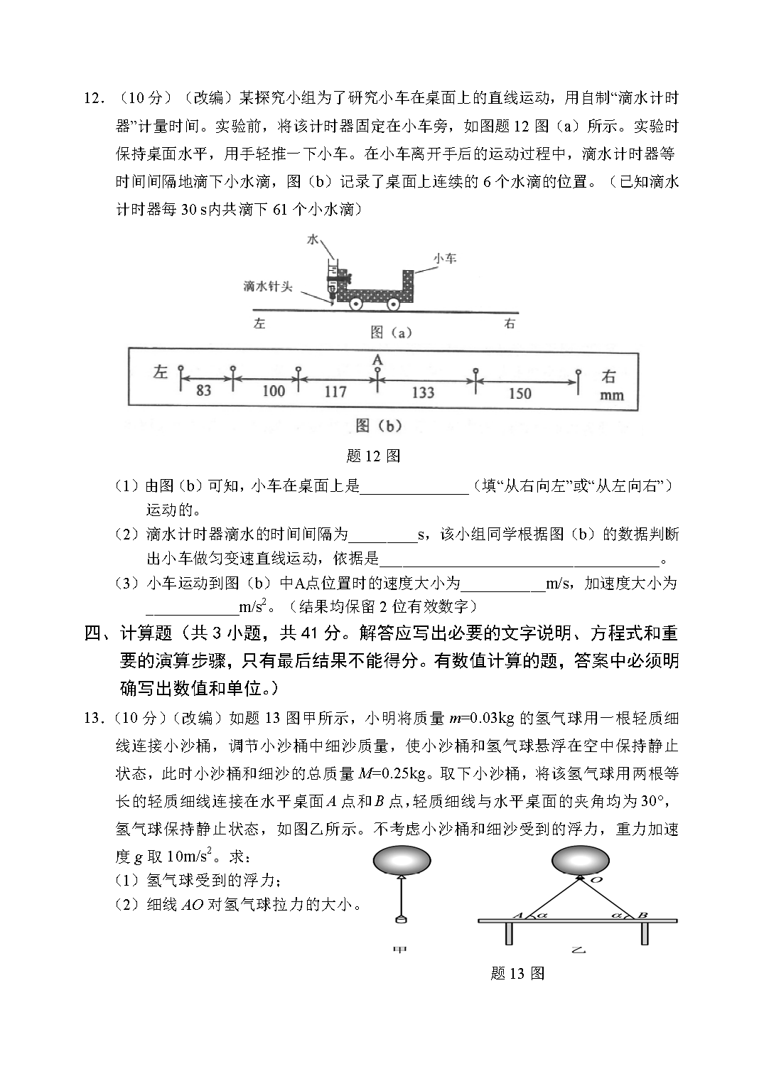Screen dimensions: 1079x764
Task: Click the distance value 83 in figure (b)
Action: point(203,390)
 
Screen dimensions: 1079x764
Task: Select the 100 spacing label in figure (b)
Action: point(273,390)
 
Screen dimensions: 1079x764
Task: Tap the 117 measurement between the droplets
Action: point(335,391)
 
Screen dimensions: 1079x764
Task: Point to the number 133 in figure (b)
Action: point(423,392)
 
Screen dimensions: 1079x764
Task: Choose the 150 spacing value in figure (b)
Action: point(520,392)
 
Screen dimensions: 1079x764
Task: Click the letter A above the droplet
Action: point(377,360)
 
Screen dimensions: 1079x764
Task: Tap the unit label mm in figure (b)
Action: point(611,395)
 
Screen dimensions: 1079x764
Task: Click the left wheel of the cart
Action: point(356,304)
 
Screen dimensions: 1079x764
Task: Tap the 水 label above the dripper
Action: point(313,240)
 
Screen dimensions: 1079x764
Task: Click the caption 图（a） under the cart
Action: point(391,332)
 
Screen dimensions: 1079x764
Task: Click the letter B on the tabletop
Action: point(642,915)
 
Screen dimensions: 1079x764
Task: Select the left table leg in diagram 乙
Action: point(509,933)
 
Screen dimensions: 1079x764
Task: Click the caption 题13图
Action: point(517,973)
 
